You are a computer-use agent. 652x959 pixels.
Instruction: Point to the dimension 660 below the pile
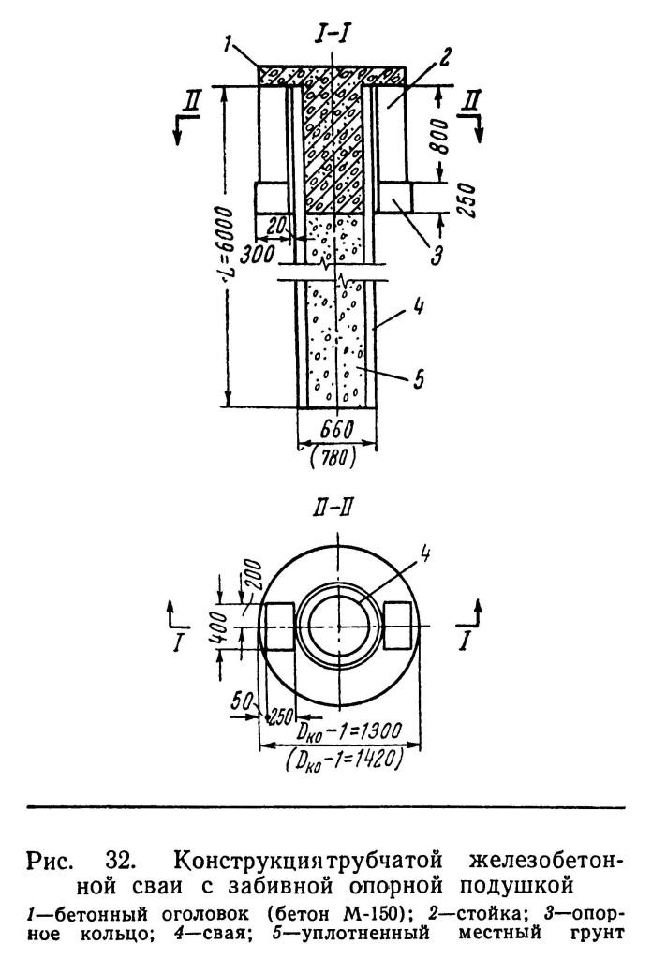tap(335, 430)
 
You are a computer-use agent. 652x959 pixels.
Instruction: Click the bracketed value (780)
tap(333, 456)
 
